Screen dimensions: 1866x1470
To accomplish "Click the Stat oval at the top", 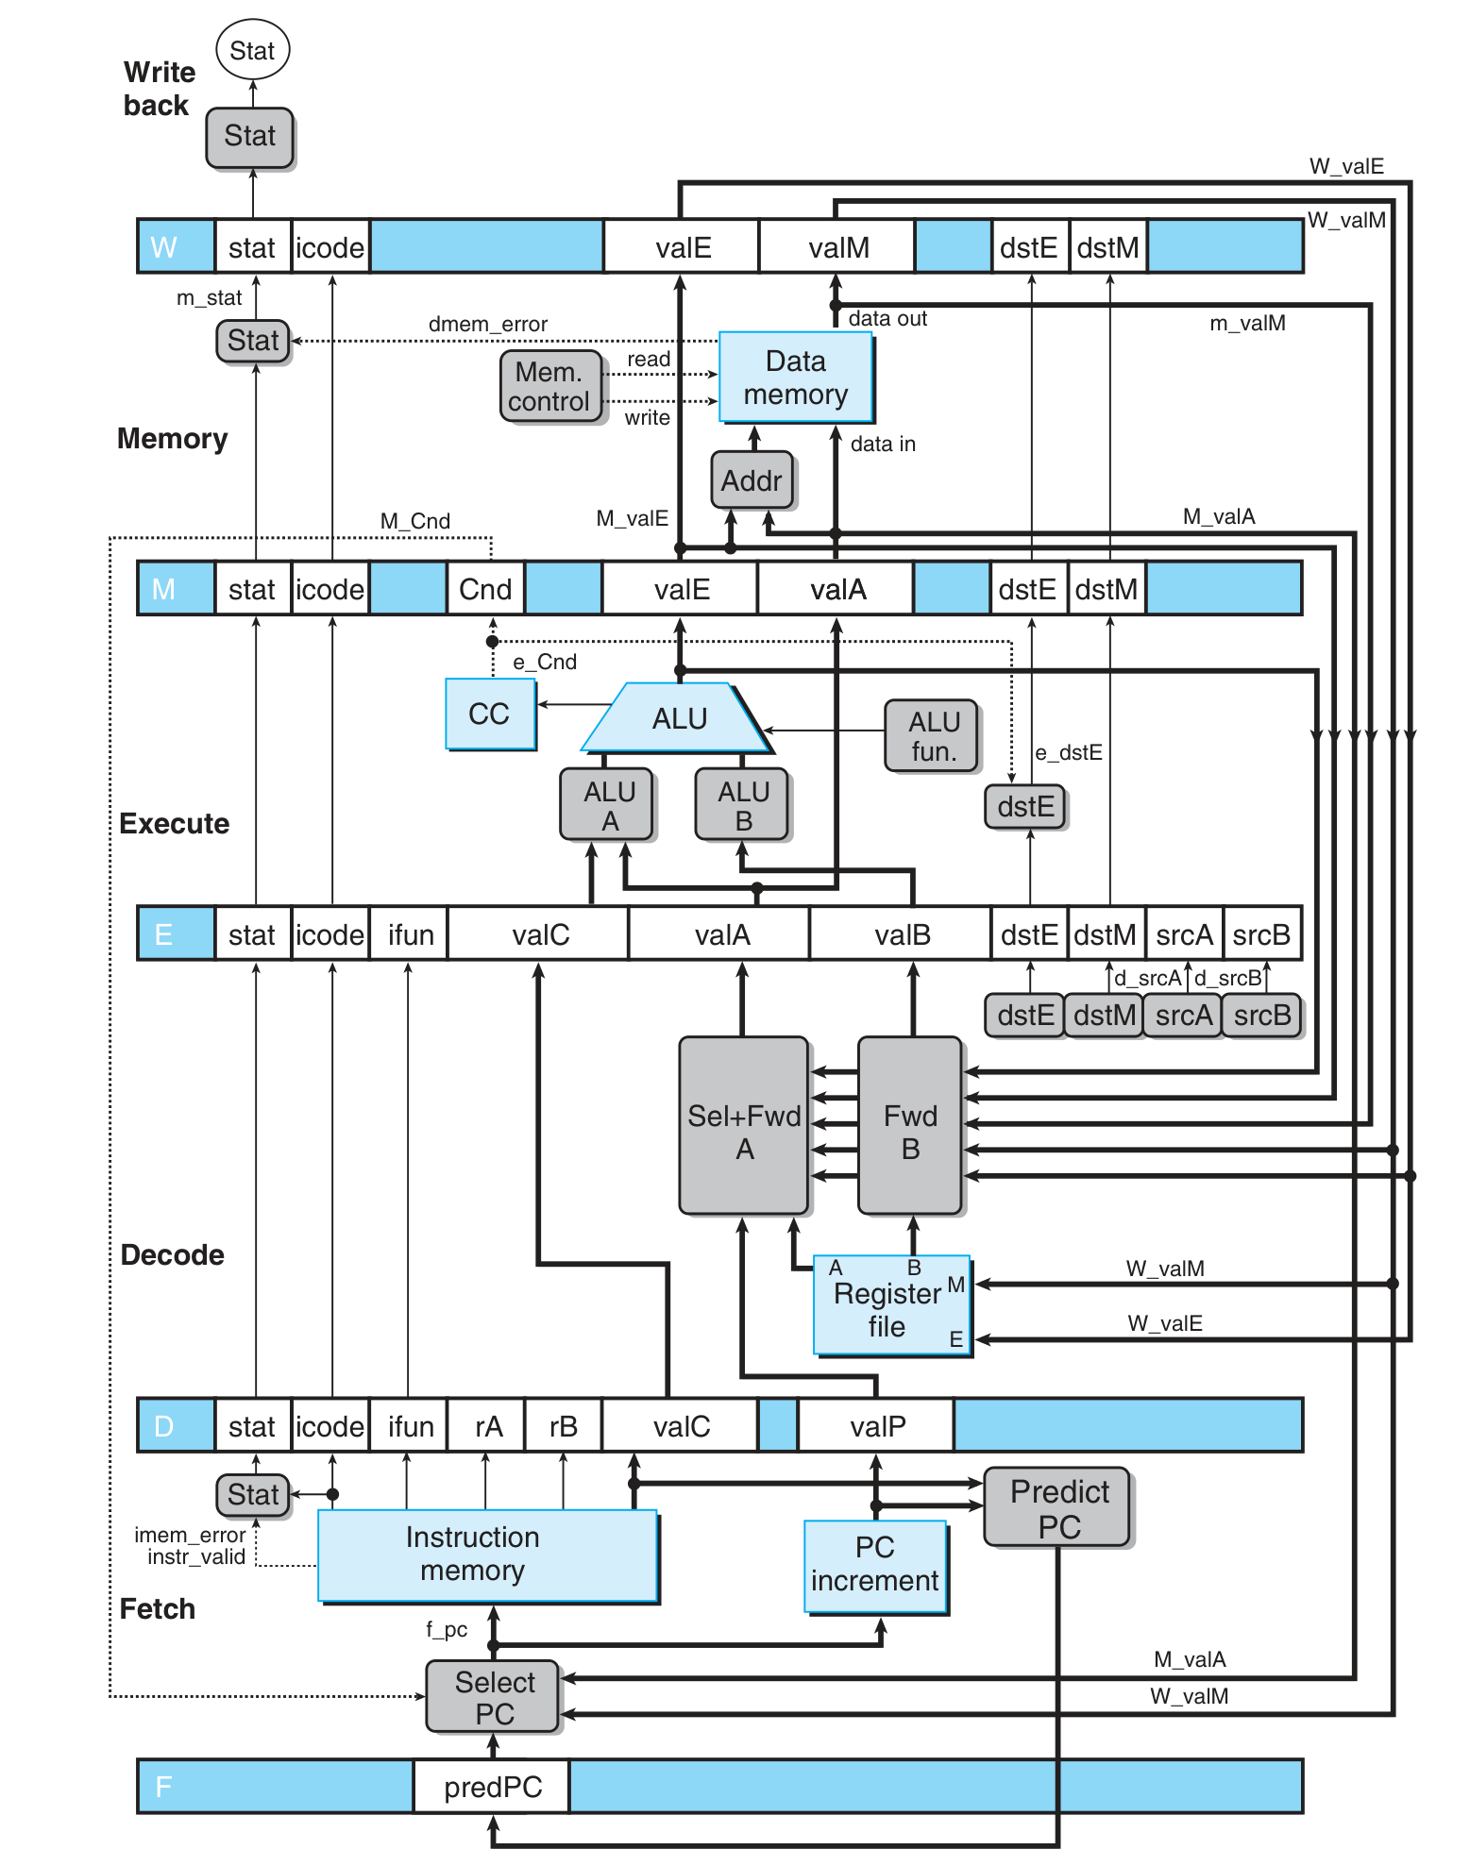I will coord(252,50).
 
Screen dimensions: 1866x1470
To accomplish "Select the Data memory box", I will coord(795,378).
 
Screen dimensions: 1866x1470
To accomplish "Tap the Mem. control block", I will coord(550,386).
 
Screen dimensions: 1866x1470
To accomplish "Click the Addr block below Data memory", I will coord(752,480).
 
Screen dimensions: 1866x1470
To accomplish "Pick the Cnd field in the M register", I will coord(484,589).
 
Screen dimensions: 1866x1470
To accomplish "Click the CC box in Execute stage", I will coord(489,714).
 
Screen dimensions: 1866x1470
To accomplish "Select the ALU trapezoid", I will coord(677,719).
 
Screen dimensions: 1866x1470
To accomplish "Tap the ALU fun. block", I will coord(932,736).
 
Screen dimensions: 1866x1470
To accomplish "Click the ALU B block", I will coord(742,805).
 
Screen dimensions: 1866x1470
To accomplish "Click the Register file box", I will coord(890,1308).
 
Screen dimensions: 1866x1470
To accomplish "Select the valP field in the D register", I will coord(876,1426).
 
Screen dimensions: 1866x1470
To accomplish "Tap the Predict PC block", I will coord(1057,1507).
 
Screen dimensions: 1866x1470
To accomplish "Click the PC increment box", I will coord(874,1565).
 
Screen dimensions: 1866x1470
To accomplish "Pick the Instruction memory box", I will coord(486,1555).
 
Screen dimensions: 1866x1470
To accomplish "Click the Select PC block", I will coord(493,1697).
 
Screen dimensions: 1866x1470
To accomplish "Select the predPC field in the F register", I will coord(492,1787).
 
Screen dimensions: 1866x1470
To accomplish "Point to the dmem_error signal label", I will coord(487,324).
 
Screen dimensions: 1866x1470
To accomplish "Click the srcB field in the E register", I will coord(1261,934).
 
